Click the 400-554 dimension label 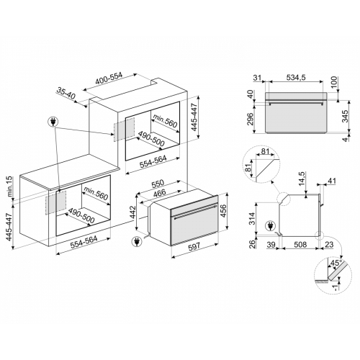[109, 78]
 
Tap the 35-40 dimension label [66, 94]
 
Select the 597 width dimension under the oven [194, 248]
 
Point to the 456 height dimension [223, 211]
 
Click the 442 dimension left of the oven [132, 213]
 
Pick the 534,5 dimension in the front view [296, 77]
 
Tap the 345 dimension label [345, 116]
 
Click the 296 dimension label [250, 119]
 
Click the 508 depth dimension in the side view [300, 244]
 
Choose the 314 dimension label [252, 218]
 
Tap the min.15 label [9, 186]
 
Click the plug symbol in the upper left [53, 122]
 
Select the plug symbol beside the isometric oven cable [137, 241]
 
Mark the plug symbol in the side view [270, 226]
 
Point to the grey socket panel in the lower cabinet [55, 202]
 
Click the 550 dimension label [157, 183]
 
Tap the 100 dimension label [334, 82]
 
